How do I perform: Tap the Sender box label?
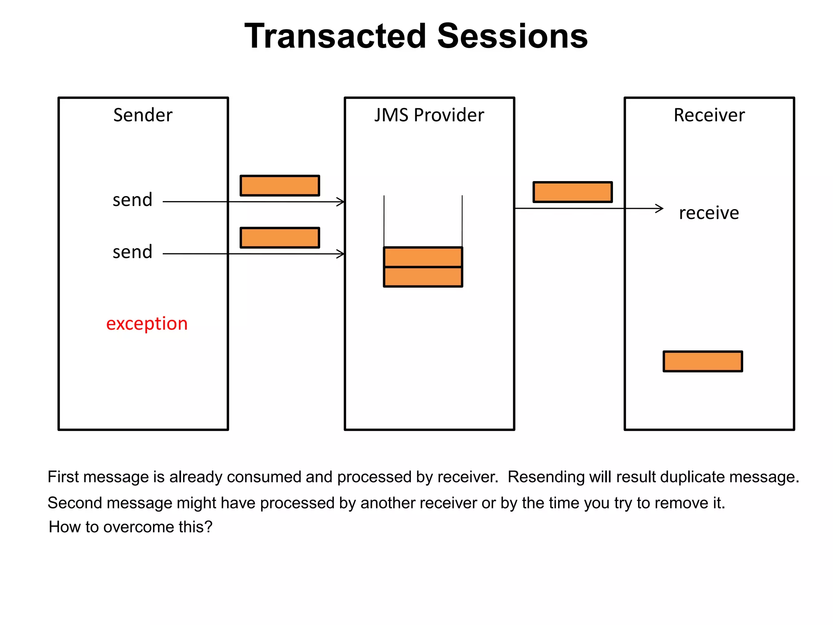pyautogui.click(x=143, y=115)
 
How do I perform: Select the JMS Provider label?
pyautogui.click(x=429, y=115)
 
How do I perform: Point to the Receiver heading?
pyautogui.click(x=709, y=115)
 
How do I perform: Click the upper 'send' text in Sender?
pyautogui.click(x=133, y=200)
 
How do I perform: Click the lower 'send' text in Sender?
pyautogui.click(x=133, y=252)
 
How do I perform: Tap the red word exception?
pyautogui.click(x=147, y=324)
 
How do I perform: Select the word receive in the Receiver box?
pyautogui.click(x=709, y=213)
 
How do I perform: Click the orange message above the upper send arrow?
pyautogui.click(x=280, y=186)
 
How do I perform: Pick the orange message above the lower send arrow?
pyautogui.click(x=280, y=238)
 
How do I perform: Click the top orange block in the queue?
pyautogui.click(x=423, y=257)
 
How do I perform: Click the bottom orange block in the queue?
pyautogui.click(x=423, y=277)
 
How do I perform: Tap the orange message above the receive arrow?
pyautogui.click(x=573, y=192)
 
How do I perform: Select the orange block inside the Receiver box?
pyautogui.click(x=703, y=361)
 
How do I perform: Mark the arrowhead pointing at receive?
pyautogui.click(x=660, y=208)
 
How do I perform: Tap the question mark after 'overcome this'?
pyautogui.click(x=208, y=527)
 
